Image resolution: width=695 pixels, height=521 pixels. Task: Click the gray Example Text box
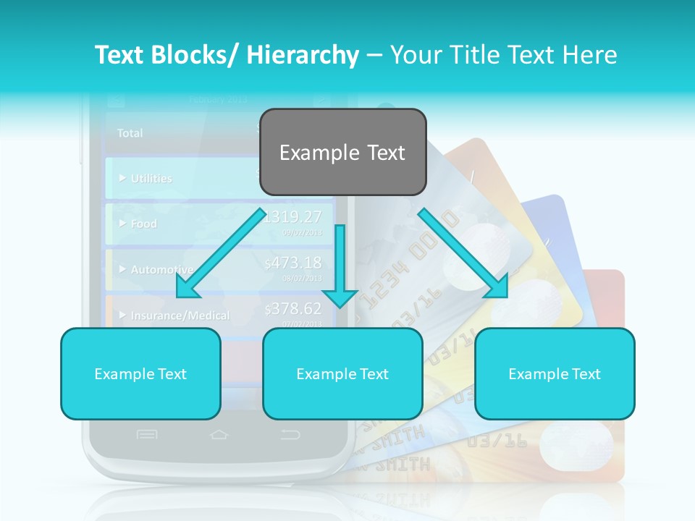(x=342, y=152)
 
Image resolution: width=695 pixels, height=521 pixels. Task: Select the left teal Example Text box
(x=140, y=373)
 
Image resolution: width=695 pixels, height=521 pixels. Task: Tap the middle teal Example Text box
(x=342, y=373)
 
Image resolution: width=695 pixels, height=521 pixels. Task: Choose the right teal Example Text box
(x=555, y=373)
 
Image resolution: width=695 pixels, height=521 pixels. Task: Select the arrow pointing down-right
(x=464, y=254)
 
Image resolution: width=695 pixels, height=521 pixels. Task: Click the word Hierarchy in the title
(x=303, y=55)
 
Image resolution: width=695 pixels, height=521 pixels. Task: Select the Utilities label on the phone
(x=151, y=178)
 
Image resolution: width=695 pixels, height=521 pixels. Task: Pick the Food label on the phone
(x=143, y=224)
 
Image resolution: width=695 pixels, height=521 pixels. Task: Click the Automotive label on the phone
(x=161, y=269)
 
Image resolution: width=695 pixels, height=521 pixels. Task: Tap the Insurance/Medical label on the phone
(x=180, y=315)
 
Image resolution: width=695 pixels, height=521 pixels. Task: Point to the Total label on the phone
(x=130, y=133)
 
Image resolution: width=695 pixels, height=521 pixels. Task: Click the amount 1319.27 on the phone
(x=293, y=216)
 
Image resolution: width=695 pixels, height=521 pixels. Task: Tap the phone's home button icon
(x=219, y=434)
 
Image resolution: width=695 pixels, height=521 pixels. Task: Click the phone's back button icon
(x=290, y=434)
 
